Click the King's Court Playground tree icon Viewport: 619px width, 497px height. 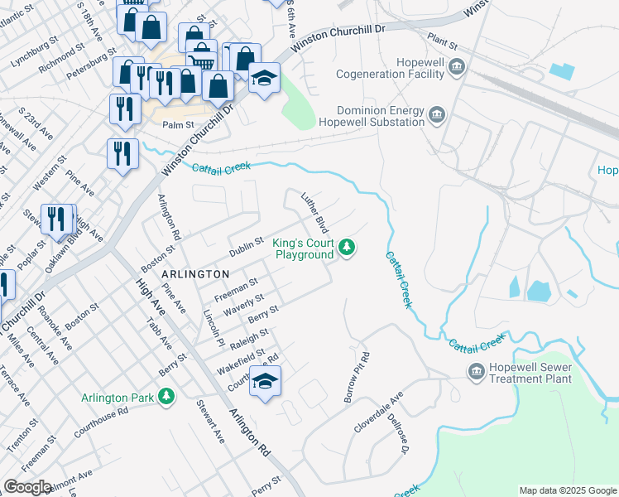click(348, 247)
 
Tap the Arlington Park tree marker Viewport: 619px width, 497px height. click(167, 397)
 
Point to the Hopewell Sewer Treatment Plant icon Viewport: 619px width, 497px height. click(476, 371)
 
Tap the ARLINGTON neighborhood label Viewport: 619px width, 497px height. click(194, 274)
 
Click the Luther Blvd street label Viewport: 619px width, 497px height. click(316, 213)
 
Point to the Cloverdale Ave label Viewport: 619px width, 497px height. click(377, 413)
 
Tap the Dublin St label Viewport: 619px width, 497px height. click(246, 246)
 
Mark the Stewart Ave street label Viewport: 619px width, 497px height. click(210, 422)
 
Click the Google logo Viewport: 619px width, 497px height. click(27, 487)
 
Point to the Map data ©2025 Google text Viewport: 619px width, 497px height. click(568, 490)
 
